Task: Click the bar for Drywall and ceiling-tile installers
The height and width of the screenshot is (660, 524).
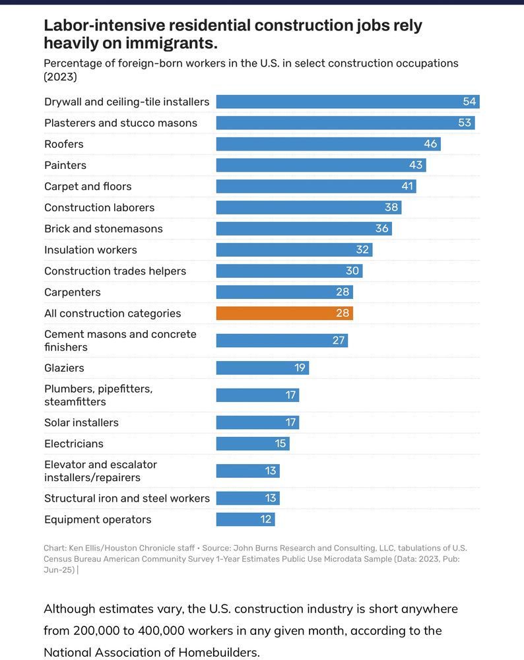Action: (x=347, y=102)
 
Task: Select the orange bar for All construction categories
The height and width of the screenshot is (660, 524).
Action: (x=284, y=313)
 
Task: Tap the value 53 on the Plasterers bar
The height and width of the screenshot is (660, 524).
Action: (x=465, y=123)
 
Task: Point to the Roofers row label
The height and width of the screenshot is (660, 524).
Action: (x=64, y=144)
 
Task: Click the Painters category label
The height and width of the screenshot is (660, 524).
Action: (x=65, y=165)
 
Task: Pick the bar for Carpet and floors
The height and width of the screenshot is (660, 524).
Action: (x=315, y=186)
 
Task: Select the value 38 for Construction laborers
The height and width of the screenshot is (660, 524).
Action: (x=391, y=207)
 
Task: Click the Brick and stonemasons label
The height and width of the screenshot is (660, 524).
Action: (x=104, y=228)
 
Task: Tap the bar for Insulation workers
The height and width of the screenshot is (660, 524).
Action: (x=294, y=249)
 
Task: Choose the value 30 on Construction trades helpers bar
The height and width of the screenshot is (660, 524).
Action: (x=352, y=271)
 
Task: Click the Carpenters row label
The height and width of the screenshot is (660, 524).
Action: (x=73, y=292)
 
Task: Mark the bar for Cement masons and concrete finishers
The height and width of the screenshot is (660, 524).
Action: (x=282, y=341)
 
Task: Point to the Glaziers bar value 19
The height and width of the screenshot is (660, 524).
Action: (x=300, y=368)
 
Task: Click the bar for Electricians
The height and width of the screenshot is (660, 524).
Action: (x=253, y=444)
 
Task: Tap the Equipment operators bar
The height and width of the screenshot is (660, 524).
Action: (x=245, y=519)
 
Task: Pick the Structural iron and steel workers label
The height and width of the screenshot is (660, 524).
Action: (x=127, y=498)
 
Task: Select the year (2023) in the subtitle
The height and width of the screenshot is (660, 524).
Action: (x=61, y=77)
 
